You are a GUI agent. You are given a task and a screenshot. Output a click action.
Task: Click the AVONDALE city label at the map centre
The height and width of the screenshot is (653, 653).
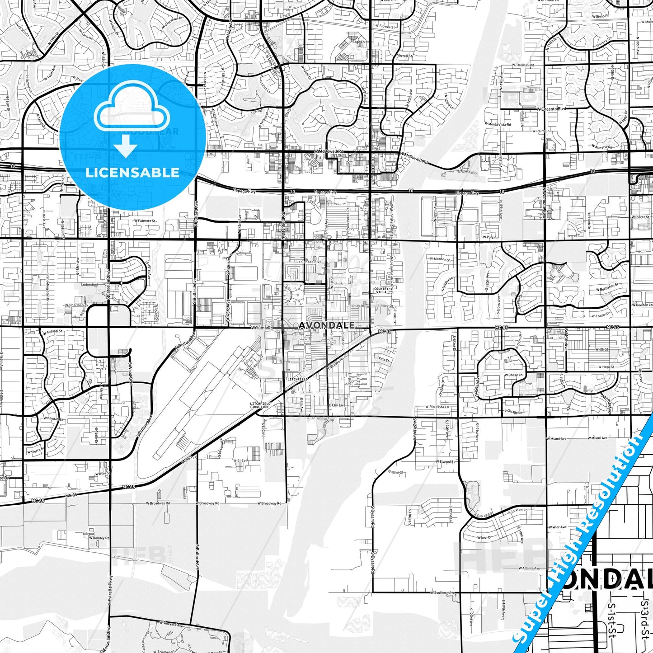click(326, 325)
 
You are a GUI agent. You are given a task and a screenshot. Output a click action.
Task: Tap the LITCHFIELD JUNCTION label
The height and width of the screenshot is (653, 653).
click(259, 405)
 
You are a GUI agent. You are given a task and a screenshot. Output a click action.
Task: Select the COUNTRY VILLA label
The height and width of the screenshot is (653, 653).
click(381, 291)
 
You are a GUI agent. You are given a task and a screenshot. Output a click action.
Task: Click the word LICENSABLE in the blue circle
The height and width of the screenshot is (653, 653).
click(132, 172)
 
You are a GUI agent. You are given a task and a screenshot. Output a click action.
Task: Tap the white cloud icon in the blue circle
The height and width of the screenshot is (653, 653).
click(132, 111)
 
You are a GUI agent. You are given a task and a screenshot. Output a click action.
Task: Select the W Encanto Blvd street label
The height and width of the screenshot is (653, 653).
click(551, 109)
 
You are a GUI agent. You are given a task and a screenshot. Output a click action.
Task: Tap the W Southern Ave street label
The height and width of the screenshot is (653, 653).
click(443, 592)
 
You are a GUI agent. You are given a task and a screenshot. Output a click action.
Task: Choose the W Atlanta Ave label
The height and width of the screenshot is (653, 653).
click(529, 568)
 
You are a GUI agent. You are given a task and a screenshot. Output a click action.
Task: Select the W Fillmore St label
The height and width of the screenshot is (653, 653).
click(144, 221)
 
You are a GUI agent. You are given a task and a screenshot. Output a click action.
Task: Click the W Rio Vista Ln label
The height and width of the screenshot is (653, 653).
click(437, 407)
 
